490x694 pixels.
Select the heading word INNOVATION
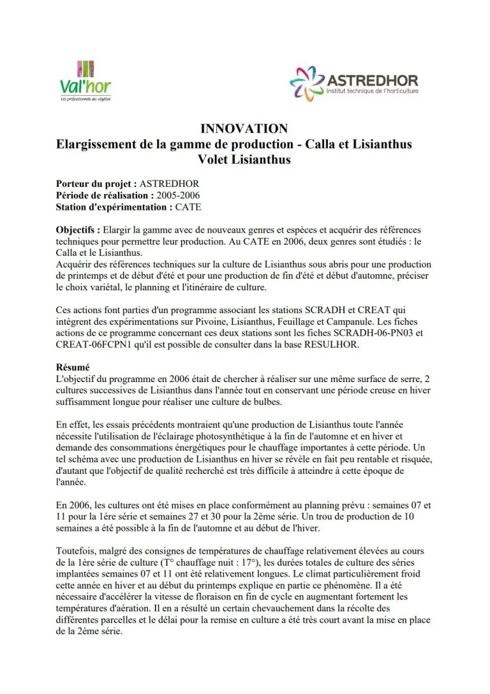pyautogui.click(x=244, y=128)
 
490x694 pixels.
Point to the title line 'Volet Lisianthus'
pyautogui.click(x=244, y=159)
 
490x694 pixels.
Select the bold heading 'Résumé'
pyautogui.click(x=73, y=367)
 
